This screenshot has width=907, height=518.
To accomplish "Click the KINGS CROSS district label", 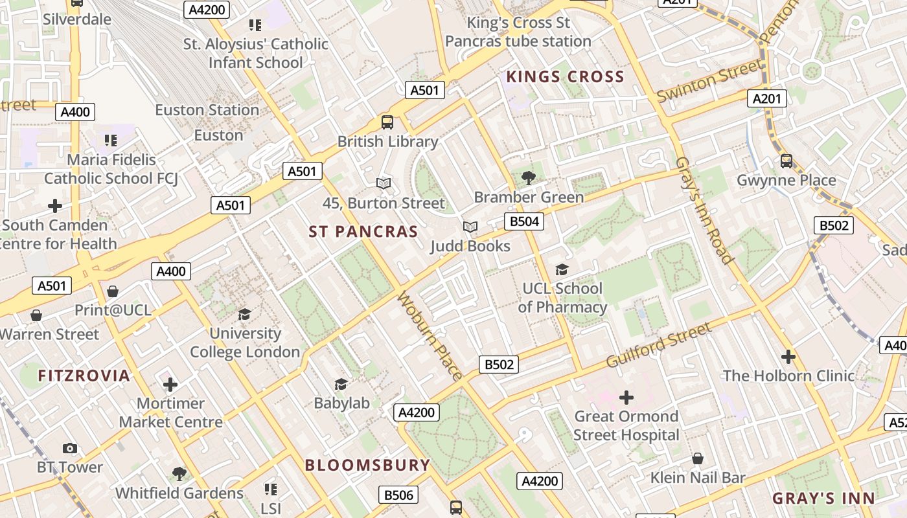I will click(565, 77).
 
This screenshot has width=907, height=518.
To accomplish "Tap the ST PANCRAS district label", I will click(363, 232).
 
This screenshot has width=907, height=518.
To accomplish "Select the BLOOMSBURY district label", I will click(367, 465).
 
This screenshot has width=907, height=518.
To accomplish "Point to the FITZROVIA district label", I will click(84, 376).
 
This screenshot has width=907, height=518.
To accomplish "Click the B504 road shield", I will click(524, 222).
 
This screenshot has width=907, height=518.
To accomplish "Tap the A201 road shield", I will click(767, 98).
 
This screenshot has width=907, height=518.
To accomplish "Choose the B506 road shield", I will click(398, 495).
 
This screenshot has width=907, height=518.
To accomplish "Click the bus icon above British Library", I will click(387, 121).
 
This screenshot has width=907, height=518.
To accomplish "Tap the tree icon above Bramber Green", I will click(529, 177).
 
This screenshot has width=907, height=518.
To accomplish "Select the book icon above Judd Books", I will click(470, 227).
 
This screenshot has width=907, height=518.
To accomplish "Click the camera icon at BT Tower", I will click(70, 448).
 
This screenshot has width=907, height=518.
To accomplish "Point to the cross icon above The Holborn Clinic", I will click(788, 356).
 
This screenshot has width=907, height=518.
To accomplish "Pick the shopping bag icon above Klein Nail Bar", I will click(698, 458).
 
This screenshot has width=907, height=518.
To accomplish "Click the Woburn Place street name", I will click(430, 335).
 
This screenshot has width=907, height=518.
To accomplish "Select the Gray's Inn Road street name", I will click(705, 210).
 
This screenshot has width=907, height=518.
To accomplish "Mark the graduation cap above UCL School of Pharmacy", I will click(562, 269).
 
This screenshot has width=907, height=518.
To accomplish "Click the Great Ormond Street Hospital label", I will click(626, 425).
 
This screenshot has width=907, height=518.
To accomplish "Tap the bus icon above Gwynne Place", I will click(786, 161).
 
